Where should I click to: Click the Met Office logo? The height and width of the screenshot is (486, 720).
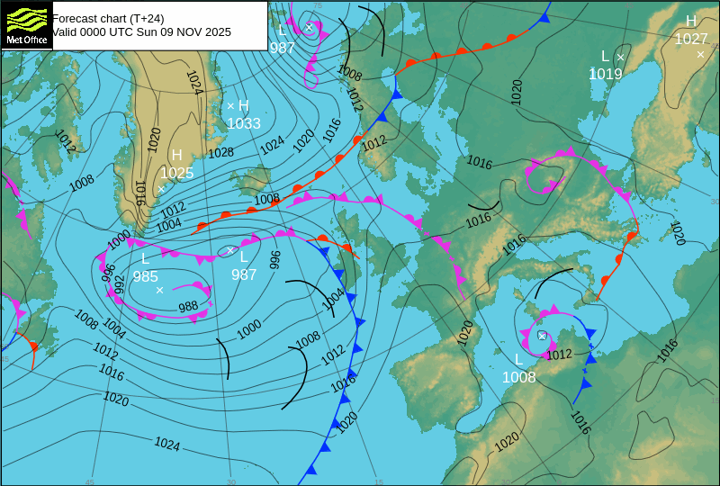pyautogui.click(x=27, y=24)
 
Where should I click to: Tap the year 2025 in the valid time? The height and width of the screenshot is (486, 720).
pyautogui.click(x=216, y=31)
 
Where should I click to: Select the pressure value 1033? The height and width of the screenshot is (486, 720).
pyautogui.click(x=244, y=123)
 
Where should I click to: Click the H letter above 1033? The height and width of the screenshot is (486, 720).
pyautogui.click(x=244, y=106)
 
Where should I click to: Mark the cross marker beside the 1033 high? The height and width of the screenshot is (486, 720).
pyautogui.click(x=230, y=106)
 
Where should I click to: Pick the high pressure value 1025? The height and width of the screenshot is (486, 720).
pyautogui.click(x=177, y=173)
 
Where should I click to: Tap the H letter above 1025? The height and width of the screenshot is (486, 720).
pyautogui.click(x=176, y=156)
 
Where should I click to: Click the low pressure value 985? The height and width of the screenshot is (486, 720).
pyautogui.click(x=146, y=276)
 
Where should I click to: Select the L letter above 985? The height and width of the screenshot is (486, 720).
pyautogui.click(x=146, y=259)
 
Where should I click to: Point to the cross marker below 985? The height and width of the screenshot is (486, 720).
pyautogui.click(x=159, y=290)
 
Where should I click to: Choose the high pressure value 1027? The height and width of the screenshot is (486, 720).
pyautogui.click(x=691, y=39)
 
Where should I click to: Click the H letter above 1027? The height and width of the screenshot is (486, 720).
pyautogui.click(x=691, y=22)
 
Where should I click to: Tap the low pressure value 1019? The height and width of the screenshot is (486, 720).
pyautogui.click(x=606, y=74)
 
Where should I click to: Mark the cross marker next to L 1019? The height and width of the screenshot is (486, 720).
pyautogui.click(x=620, y=57)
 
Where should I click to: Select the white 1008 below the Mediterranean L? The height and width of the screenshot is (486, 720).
pyautogui.click(x=519, y=377)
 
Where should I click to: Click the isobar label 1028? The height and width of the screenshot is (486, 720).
pyautogui.click(x=220, y=153)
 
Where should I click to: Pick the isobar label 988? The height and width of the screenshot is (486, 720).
pyautogui.click(x=188, y=307)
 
